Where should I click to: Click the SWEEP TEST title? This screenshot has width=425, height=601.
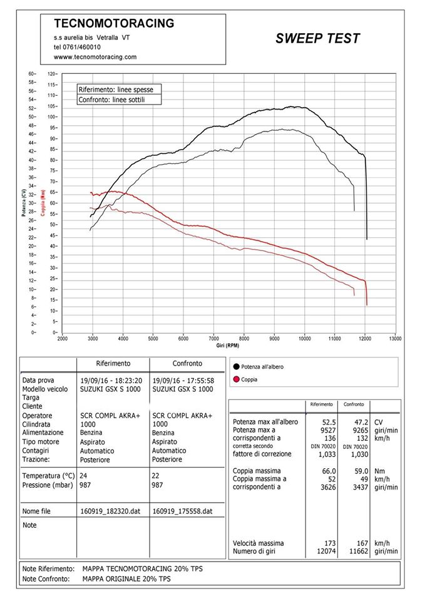pyautogui.click(x=318, y=38)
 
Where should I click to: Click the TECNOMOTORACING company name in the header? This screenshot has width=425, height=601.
pyautogui.click(x=114, y=23)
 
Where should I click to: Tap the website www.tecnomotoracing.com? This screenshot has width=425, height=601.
pyautogui.click(x=95, y=57)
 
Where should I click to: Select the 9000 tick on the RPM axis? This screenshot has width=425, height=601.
pyautogui.click(x=274, y=339)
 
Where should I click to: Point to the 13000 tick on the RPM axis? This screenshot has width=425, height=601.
pyautogui.click(x=395, y=339)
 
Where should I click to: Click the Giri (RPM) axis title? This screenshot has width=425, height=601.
pyautogui.click(x=228, y=346)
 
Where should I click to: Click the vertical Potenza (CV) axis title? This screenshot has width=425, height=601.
pyautogui.click(x=24, y=203)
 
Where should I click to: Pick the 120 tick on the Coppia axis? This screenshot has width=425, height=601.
pyautogui.click(x=52, y=74)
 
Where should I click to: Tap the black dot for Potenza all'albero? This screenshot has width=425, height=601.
pyautogui.click(x=236, y=367)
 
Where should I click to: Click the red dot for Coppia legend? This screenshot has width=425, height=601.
pyautogui.click(x=236, y=379)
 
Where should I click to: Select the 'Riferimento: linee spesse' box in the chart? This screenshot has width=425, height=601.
pyautogui.click(x=119, y=90)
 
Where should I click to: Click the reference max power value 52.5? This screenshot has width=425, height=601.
pyautogui.click(x=329, y=423)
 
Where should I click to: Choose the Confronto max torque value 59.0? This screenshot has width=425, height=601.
pyautogui.click(x=361, y=471)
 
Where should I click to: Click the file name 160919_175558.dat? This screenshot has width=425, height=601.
pyautogui.click(x=182, y=511)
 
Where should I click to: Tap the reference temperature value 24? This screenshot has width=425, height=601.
pyautogui.click(x=83, y=476)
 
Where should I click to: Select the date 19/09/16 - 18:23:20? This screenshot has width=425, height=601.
pyautogui.click(x=111, y=381)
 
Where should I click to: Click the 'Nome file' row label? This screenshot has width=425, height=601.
pyautogui.click(x=36, y=511)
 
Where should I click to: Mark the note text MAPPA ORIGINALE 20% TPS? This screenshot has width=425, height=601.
pyautogui.click(x=126, y=579)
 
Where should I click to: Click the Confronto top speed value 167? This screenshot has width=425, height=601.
pyautogui.click(x=362, y=543)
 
